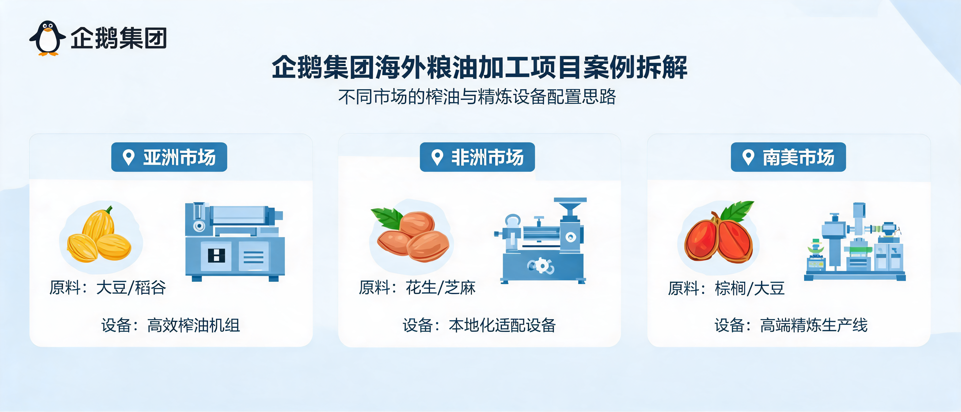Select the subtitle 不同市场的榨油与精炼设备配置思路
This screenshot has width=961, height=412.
[x=477, y=97]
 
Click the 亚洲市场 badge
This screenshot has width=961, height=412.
[x=169, y=157]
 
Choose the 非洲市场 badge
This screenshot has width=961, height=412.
[x=477, y=157]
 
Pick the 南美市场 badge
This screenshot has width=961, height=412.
[x=788, y=157]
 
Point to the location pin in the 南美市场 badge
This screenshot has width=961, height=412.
[x=748, y=158]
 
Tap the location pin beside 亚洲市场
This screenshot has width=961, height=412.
[x=129, y=158]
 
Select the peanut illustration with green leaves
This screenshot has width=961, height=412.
[x=410, y=234]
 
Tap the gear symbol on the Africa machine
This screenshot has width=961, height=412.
[x=541, y=266]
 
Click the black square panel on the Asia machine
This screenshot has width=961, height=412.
[x=216, y=255]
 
